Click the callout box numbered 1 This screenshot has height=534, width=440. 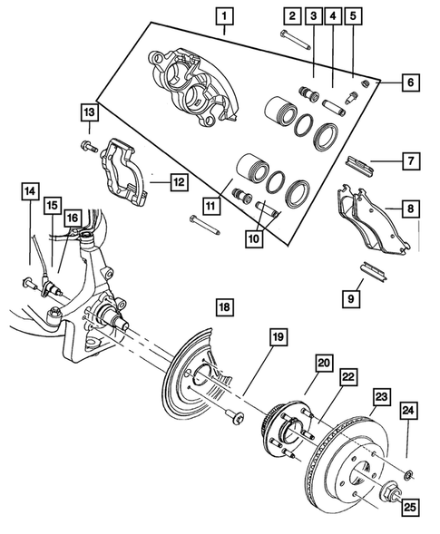tap(223, 15)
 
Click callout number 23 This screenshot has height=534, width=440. tap(381, 396)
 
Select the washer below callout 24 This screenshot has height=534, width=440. tap(408, 471)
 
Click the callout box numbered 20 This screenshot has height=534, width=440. tap(324, 363)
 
